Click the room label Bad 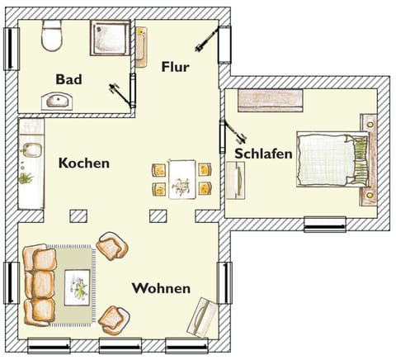(68, 79)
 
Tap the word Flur (175, 68)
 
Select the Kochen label (83, 163)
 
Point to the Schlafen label (263, 154)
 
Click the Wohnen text (161, 289)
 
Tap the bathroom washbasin (57, 102)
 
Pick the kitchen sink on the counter (30, 150)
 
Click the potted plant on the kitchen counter (26, 178)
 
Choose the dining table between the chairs (181, 179)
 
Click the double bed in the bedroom (328, 159)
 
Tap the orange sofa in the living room (39, 284)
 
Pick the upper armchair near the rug (112, 246)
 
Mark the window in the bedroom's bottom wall (324, 223)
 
